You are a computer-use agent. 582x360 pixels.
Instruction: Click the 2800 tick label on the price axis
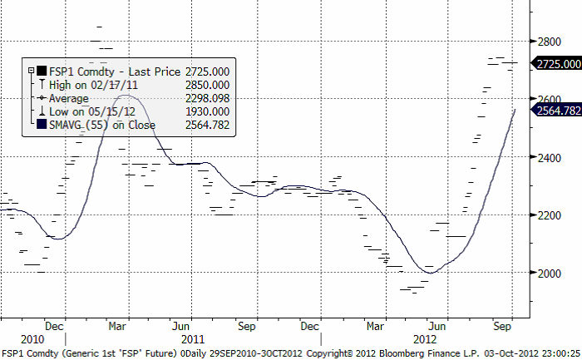click(548, 41)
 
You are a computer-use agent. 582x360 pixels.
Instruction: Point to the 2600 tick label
click(548, 99)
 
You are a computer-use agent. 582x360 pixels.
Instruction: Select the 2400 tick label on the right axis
click(548, 157)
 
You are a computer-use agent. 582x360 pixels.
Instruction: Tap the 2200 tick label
click(548, 215)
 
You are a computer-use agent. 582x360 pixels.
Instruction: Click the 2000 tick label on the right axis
click(548, 274)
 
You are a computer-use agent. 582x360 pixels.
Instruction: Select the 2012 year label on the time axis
click(425, 339)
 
